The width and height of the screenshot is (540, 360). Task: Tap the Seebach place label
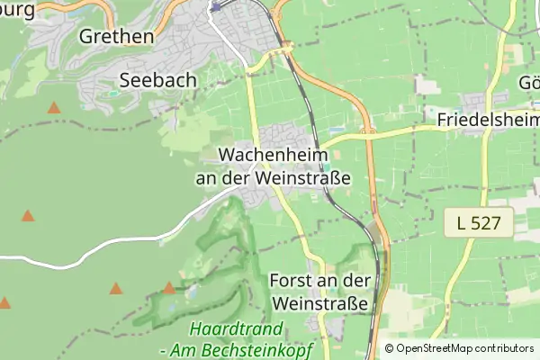click(x=157, y=80)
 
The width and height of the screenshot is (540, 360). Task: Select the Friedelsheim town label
click(x=488, y=120)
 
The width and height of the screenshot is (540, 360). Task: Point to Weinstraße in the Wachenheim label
click(x=303, y=177)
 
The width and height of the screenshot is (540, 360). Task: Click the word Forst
click(x=291, y=281)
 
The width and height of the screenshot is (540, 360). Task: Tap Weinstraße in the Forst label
click(x=319, y=303)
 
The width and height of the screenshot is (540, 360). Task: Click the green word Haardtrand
click(x=237, y=329)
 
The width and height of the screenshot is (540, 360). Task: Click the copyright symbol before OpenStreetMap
click(x=389, y=348)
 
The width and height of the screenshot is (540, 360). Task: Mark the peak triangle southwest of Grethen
click(x=54, y=108)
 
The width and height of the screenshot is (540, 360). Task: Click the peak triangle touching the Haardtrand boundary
click(x=169, y=288)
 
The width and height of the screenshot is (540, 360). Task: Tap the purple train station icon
click(x=215, y=5)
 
